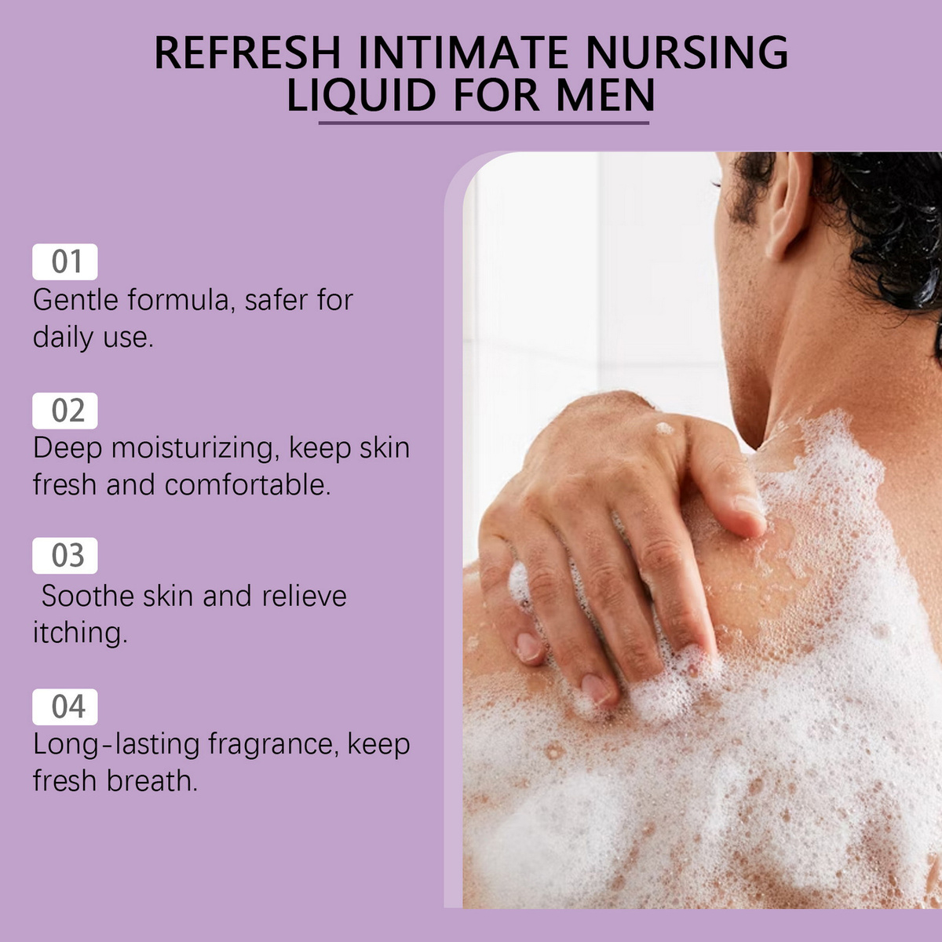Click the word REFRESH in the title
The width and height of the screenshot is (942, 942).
coord(247,53)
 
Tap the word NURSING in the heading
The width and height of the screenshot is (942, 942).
coord(687,53)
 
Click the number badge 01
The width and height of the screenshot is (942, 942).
coord(65,261)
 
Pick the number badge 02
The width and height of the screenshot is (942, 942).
coord(65,411)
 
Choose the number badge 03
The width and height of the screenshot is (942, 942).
coord(65,555)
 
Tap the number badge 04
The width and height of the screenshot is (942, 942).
coord(65,706)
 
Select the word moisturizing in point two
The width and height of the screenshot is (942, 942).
coord(195,449)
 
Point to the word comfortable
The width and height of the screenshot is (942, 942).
coord(248,485)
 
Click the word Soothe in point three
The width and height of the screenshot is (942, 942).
coord(87,596)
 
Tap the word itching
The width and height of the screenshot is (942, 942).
coord(80,633)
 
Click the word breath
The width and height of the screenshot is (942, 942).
coord(152,780)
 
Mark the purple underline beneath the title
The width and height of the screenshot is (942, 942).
coord(484,122)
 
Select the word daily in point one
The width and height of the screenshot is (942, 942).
coord(63,338)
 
